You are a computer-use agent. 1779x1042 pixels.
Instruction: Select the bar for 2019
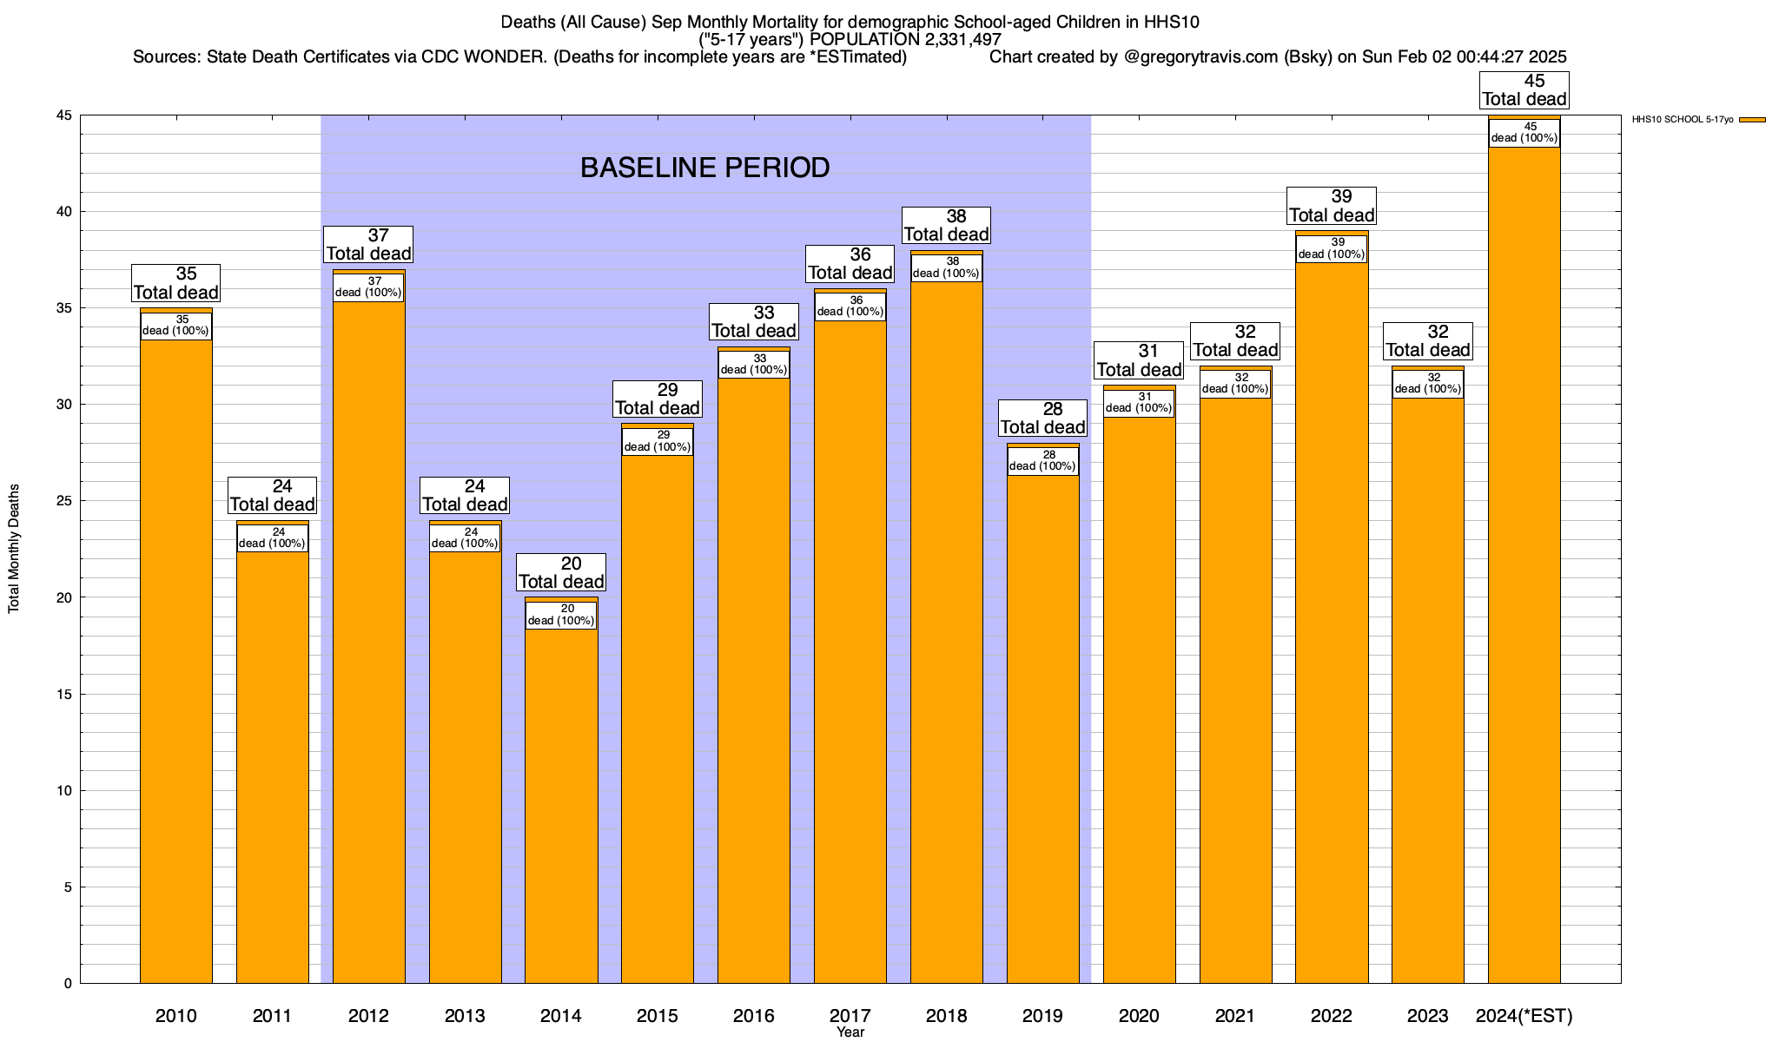coord(1042,729)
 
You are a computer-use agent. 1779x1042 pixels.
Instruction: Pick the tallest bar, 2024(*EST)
coord(1524,564)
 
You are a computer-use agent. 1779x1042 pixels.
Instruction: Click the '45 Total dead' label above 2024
coord(1524,90)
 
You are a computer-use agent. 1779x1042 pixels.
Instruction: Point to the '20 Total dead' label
coord(561,573)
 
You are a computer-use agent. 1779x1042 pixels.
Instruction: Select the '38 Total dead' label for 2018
coord(946,226)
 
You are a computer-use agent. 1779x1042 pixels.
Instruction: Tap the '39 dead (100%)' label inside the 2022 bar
coord(1331,249)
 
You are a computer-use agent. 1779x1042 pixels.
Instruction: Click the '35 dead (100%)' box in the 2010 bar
coord(175,326)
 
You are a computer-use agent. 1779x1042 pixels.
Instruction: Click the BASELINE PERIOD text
coord(704,168)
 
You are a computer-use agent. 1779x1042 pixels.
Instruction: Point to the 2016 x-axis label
coord(753,1015)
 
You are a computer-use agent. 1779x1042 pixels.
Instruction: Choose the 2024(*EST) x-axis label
coord(1524,1015)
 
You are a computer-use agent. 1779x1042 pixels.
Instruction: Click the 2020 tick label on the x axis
coord(1138,1015)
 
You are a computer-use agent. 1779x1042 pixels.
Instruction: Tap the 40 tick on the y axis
coord(64,212)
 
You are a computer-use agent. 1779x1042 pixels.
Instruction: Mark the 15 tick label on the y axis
coord(64,694)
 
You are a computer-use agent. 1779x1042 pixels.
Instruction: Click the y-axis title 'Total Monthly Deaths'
coord(14,549)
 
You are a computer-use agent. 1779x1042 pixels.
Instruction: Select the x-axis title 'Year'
coord(850,1032)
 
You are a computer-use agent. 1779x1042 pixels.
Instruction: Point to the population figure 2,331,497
coord(953,40)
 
